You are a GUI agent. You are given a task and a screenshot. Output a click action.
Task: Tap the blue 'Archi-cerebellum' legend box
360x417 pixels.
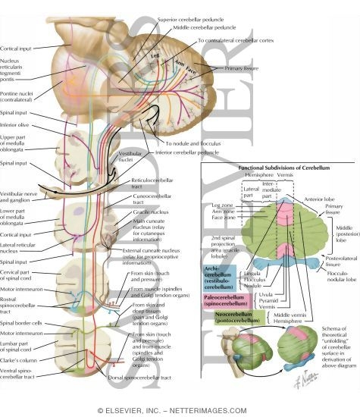coord(219,283)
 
